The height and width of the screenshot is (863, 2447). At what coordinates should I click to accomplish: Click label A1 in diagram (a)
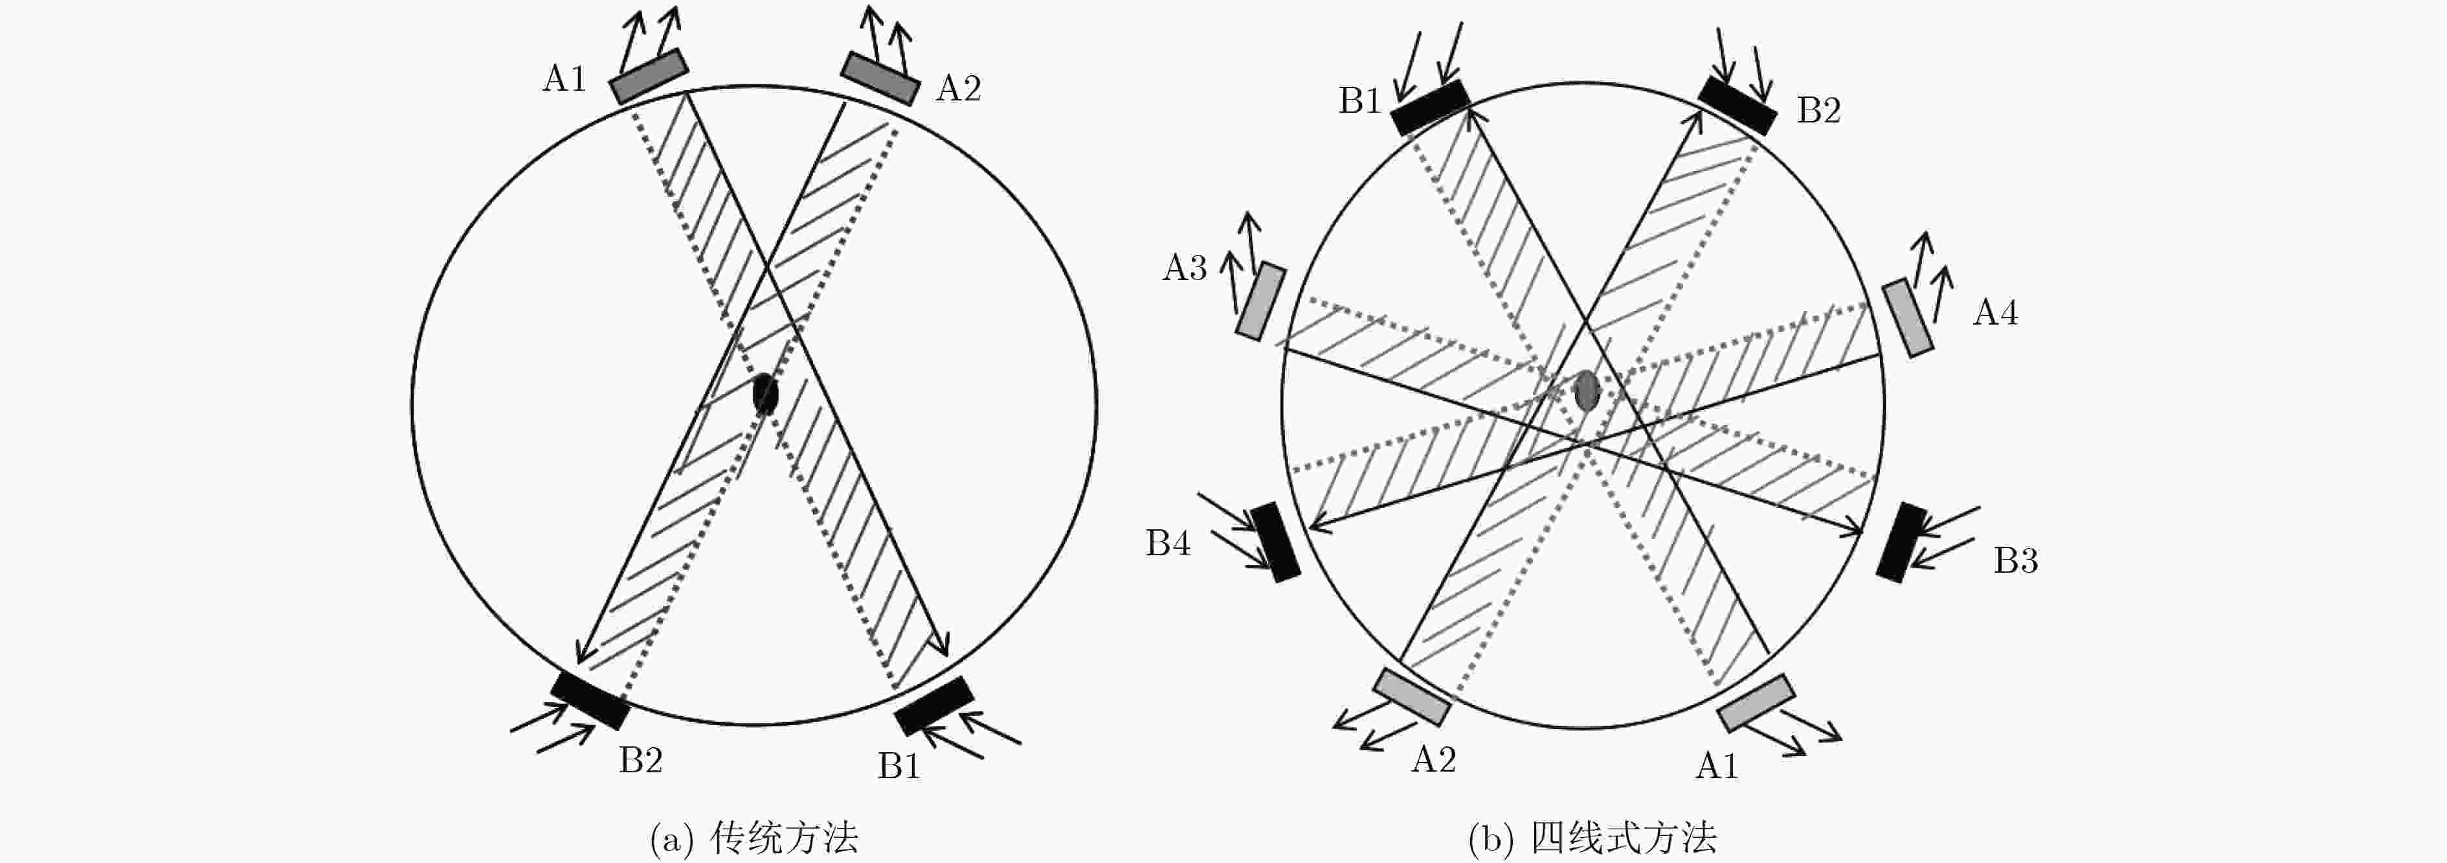(564, 79)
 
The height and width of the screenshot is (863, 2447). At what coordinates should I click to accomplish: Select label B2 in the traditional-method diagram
(640, 761)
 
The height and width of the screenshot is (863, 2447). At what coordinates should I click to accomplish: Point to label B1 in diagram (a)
(899, 766)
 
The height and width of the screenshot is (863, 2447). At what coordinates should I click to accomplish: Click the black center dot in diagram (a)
(765, 393)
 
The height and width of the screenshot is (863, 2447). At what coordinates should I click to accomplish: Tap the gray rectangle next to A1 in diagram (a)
(649, 76)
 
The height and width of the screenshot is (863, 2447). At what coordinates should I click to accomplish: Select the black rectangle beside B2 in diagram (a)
(590, 700)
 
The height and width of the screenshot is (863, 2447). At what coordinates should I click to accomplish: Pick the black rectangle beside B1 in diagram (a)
(935, 705)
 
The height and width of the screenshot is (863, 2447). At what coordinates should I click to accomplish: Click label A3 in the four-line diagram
(1185, 268)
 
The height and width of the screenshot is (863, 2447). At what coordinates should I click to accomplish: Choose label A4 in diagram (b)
(1995, 313)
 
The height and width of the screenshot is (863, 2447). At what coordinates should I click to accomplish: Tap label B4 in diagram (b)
(1167, 543)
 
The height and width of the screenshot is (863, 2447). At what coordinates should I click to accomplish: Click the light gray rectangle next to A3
(1260, 301)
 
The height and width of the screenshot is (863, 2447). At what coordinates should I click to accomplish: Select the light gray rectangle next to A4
(1908, 317)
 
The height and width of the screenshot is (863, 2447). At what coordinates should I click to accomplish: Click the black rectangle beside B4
(1275, 542)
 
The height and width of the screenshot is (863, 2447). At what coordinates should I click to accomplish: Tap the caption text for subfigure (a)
(754, 838)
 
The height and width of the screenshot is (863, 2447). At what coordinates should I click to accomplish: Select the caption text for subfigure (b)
(1592, 838)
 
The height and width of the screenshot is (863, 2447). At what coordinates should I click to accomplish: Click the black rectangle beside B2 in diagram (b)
(1737, 106)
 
